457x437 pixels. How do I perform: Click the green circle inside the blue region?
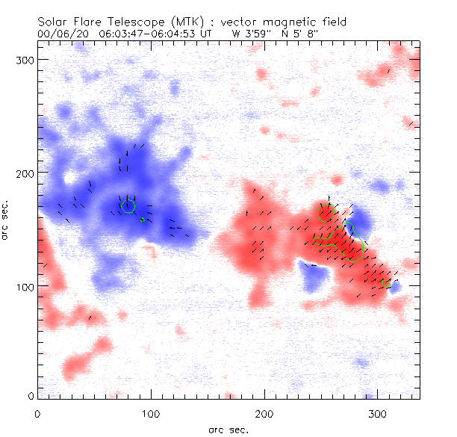coord(128,206)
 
